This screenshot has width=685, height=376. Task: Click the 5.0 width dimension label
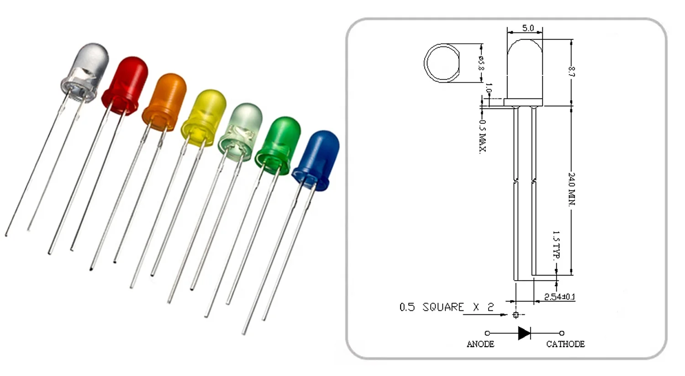(527, 28)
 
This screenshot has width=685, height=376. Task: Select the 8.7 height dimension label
(571, 72)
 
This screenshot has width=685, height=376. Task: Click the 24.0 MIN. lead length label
(571, 188)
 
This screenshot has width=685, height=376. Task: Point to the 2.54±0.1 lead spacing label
(559, 297)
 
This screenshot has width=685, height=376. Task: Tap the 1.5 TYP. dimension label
(556, 244)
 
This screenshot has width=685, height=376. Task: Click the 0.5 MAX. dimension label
(482, 136)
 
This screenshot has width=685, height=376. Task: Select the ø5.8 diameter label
(480, 63)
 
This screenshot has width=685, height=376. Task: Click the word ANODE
(480, 344)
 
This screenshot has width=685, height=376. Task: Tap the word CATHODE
(565, 344)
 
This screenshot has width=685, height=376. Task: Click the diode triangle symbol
(524, 333)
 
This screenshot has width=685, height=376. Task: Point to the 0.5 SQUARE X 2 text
(446, 307)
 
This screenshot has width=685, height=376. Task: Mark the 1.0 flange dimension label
(488, 88)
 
